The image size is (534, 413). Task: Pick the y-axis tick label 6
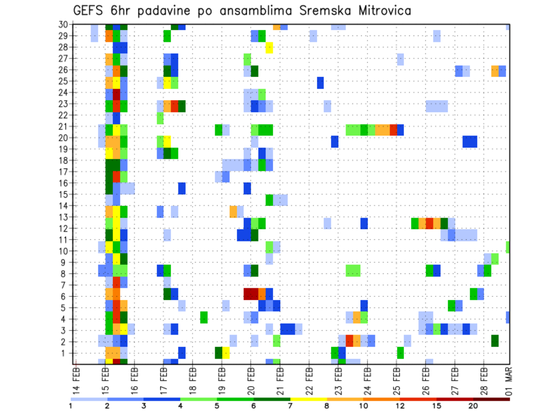(65, 296)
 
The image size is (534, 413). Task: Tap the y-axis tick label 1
(65, 353)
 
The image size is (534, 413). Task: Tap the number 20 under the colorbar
(473, 406)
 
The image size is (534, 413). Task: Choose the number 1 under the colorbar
(71, 406)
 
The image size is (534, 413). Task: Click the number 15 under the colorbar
(437, 406)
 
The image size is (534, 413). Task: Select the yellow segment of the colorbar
(309, 399)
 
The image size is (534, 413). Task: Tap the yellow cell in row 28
(269, 47)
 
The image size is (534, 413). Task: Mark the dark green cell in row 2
(495, 340)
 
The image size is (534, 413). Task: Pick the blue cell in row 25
(320, 82)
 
